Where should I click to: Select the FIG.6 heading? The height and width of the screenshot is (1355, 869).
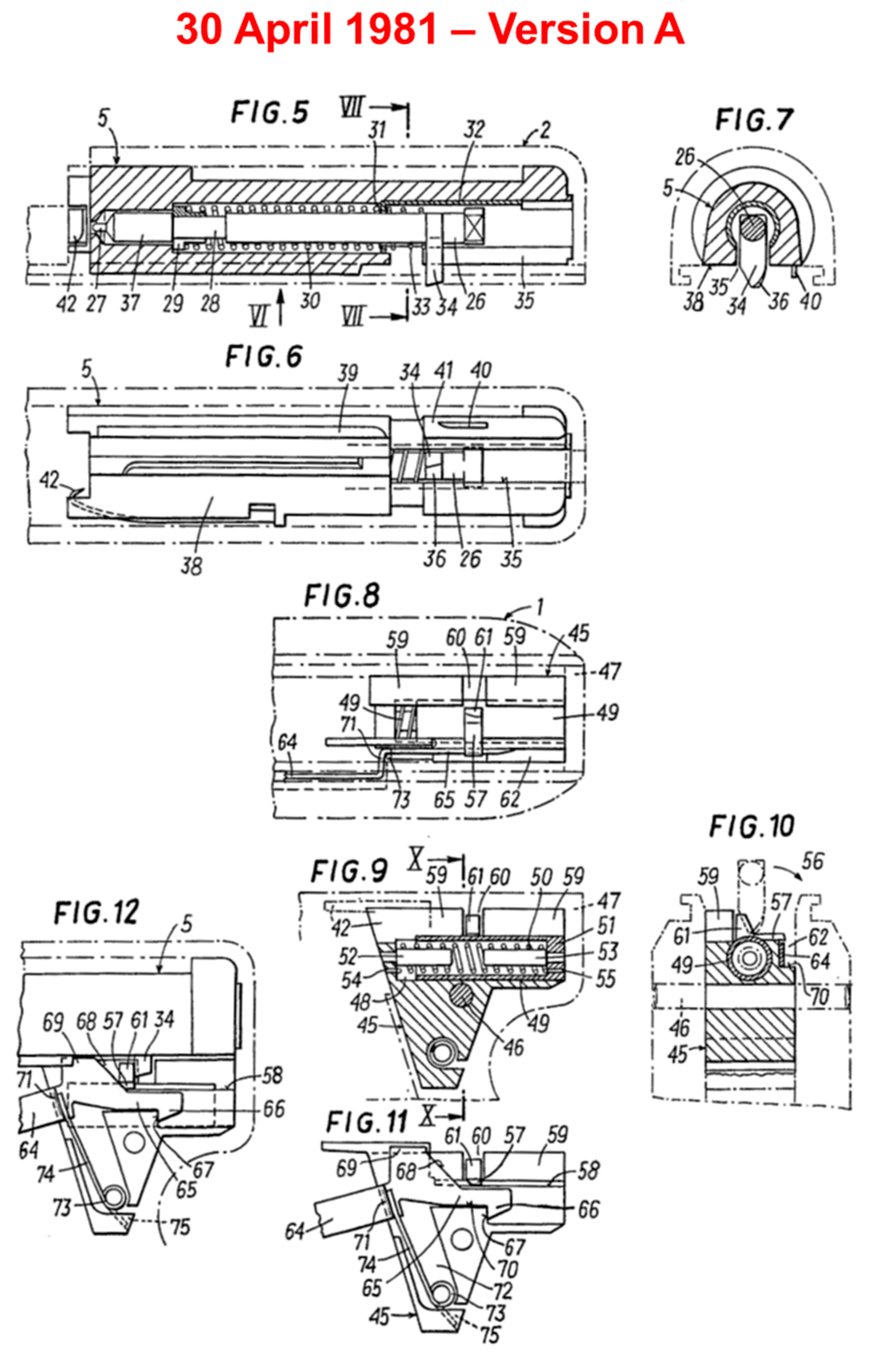[264, 357]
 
